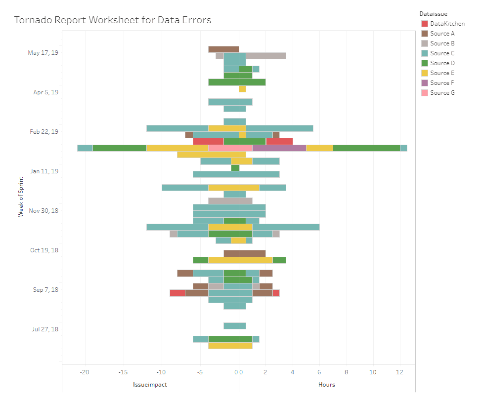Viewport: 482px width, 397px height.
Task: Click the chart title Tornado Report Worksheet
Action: (x=113, y=20)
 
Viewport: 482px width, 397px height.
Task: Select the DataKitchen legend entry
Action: (x=447, y=24)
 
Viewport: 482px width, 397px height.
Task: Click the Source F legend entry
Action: (x=442, y=83)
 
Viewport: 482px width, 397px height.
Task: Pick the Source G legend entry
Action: (x=442, y=93)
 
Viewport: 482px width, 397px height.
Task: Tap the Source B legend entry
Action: (x=442, y=43)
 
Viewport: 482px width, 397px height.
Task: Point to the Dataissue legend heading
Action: (x=433, y=13)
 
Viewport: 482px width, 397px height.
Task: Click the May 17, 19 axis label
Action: (x=43, y=53)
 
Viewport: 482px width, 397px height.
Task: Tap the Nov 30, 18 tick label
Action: (x=44, y=211)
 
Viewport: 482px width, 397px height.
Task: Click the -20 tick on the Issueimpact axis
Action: (x=85, y=372)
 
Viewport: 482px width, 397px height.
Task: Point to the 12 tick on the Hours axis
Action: (x=399, y=372)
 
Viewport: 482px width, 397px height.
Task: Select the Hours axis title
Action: (x=326, y=385)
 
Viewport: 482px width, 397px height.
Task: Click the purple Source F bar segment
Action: (x=279, y=148)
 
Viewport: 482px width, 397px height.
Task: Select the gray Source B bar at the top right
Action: (x=265, y=56)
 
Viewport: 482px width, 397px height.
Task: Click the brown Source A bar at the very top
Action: (x=223, y=49)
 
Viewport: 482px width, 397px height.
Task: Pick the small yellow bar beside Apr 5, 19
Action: (x=242, y=89)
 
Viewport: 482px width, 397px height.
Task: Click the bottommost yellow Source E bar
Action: (x=230, y=346)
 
